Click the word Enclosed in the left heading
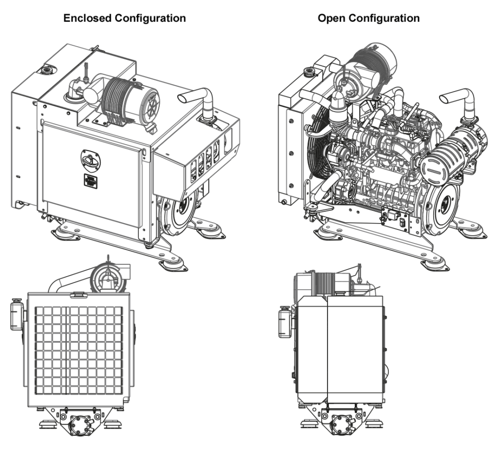pos(87,18)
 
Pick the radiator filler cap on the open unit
pos(309,71)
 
